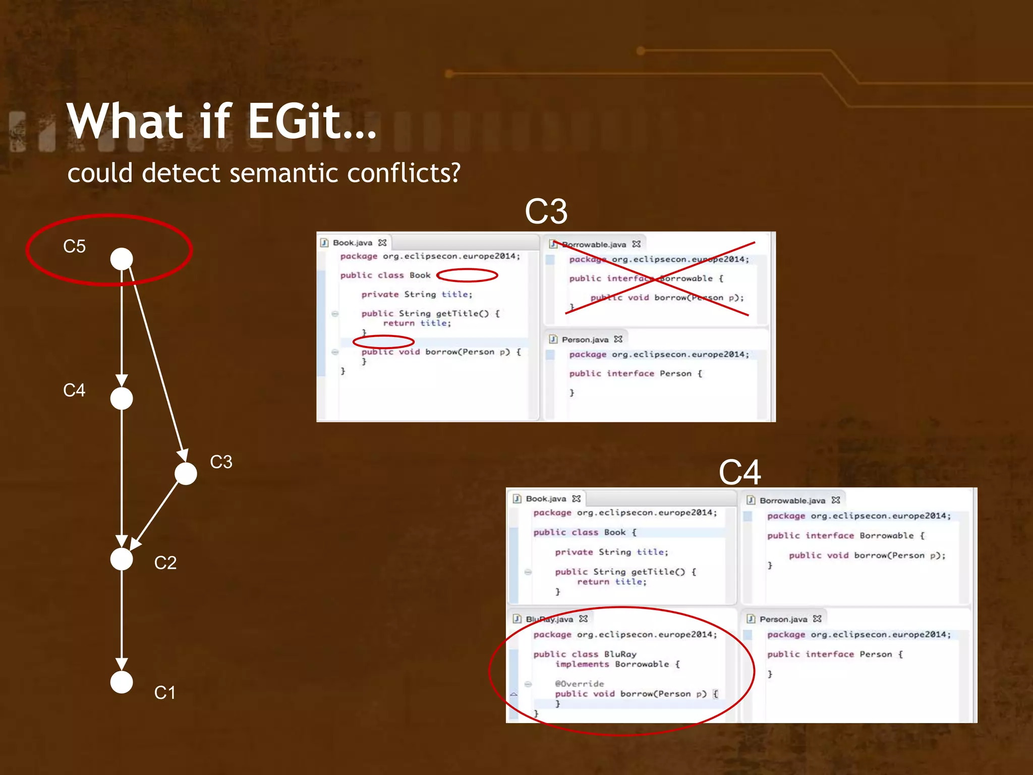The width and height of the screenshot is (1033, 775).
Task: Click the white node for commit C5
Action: (122, 259)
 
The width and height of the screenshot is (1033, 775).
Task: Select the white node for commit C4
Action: (122, 399)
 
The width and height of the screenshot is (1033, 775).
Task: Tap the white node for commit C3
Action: (186, 473)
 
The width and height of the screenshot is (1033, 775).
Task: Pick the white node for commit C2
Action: (122, 559)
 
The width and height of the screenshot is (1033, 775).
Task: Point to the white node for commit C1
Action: (122, 682)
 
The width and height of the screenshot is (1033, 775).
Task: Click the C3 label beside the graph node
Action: (221, 462)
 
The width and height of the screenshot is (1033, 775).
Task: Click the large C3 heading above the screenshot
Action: (546, 211)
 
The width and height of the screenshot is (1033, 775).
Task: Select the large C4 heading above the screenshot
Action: (739, 472)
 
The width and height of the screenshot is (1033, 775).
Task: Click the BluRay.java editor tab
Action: (549, 619)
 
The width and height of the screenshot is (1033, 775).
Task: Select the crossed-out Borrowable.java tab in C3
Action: (594, 245)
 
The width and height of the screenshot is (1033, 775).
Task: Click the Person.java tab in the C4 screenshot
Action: (783, 619)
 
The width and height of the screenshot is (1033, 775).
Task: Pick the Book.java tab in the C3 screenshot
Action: (352, 243)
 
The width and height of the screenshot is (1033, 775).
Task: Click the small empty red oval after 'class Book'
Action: (467, 275)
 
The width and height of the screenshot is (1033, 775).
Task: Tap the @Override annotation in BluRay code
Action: (579, 684)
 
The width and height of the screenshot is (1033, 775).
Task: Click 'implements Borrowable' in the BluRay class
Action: (612, 665)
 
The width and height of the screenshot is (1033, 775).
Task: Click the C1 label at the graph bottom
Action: (164, 692)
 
